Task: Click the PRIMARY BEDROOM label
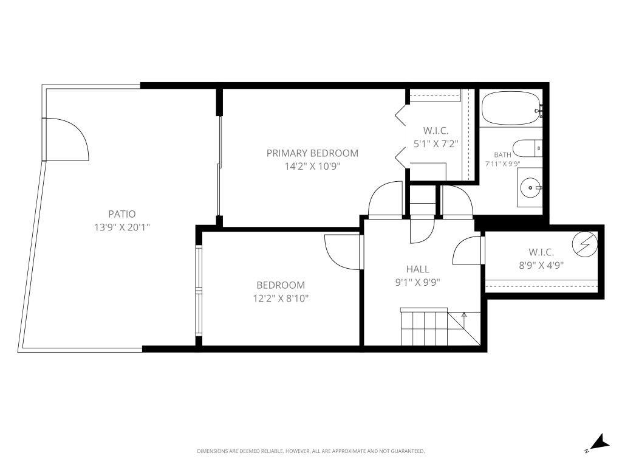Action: coord(312,153)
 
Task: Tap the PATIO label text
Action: coord(121,214)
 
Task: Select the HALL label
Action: coord(417,269)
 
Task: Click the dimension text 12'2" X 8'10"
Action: coord(280,299)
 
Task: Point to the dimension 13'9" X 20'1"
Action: coord(121,227)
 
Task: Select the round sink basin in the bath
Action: coord(531,188)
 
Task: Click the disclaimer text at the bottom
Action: coord(310,451)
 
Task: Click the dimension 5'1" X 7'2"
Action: coord(435,144)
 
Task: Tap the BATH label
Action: coord(502,155)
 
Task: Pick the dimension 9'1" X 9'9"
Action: coord(417,282)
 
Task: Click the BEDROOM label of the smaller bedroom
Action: coord(280,285)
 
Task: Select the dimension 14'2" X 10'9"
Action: coord(312,167)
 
